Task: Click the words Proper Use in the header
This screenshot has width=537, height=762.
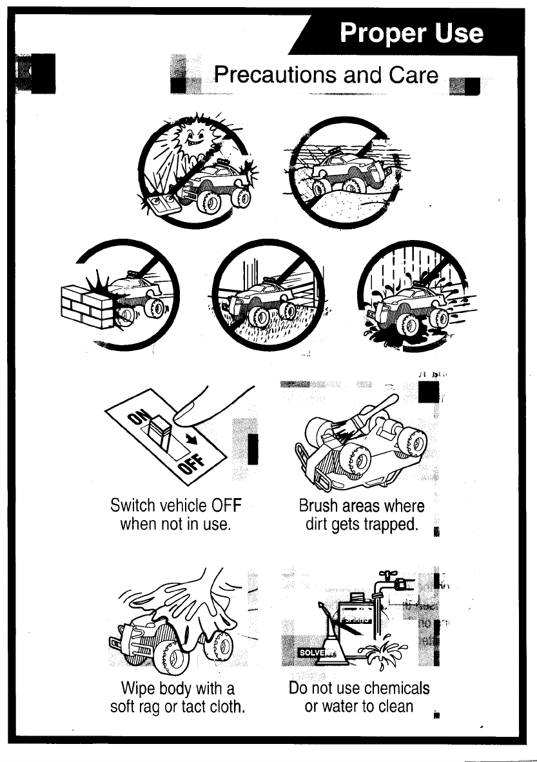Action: tap(412, 33)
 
